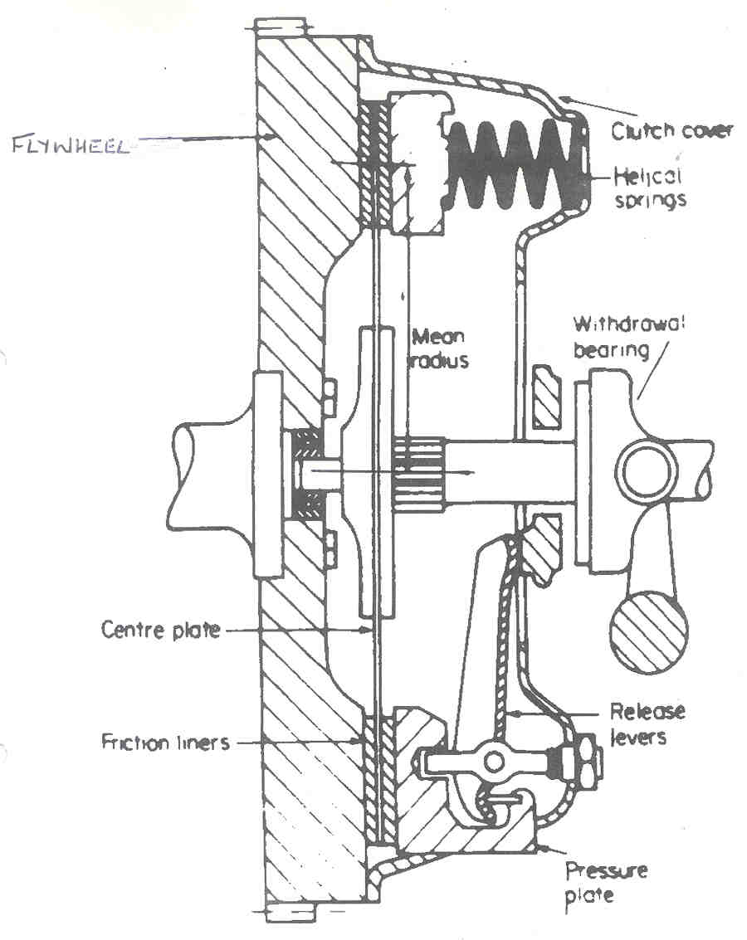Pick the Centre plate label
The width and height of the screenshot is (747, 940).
[161, 630]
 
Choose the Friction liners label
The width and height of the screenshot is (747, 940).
[165, 741]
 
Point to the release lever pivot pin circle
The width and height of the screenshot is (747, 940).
[496, 760]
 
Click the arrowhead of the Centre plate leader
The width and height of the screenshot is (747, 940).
[370, 631]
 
